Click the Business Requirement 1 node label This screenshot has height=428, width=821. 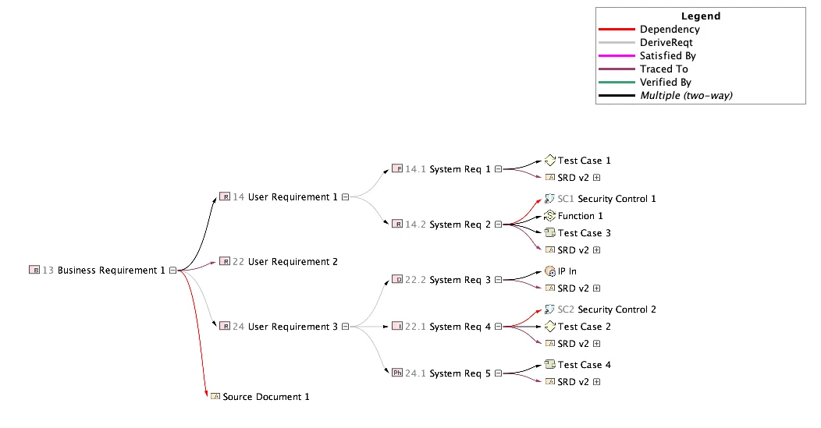tap(111, 271)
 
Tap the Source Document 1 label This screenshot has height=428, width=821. tap(266, 397)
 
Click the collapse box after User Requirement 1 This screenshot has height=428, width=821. tap(344, 197)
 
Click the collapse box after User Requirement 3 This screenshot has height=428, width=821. tap(344, 327)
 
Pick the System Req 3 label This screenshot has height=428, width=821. tap(460, 280)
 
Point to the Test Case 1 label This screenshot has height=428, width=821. tap(584, 161)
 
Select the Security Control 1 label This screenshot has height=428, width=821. tap(617, 199)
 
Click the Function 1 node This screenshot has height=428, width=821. tap(580, 216)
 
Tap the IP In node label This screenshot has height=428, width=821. tap(567, 271)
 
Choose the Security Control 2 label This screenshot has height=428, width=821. tap(617, 310)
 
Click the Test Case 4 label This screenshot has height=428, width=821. tap(584, 365)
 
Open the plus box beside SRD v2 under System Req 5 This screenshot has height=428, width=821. tap(597, 382)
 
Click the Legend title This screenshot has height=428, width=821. tap(700, 16)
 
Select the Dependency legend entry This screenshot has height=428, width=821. tap(669, 30)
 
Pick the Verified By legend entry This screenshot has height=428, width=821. tap(665, 82)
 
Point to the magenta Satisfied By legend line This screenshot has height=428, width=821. tap(617, 56)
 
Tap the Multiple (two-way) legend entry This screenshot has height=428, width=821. tap(686, 95)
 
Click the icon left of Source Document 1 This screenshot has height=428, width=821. tap(215, 397)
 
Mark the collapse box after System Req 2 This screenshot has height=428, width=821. tap(497, 225)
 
